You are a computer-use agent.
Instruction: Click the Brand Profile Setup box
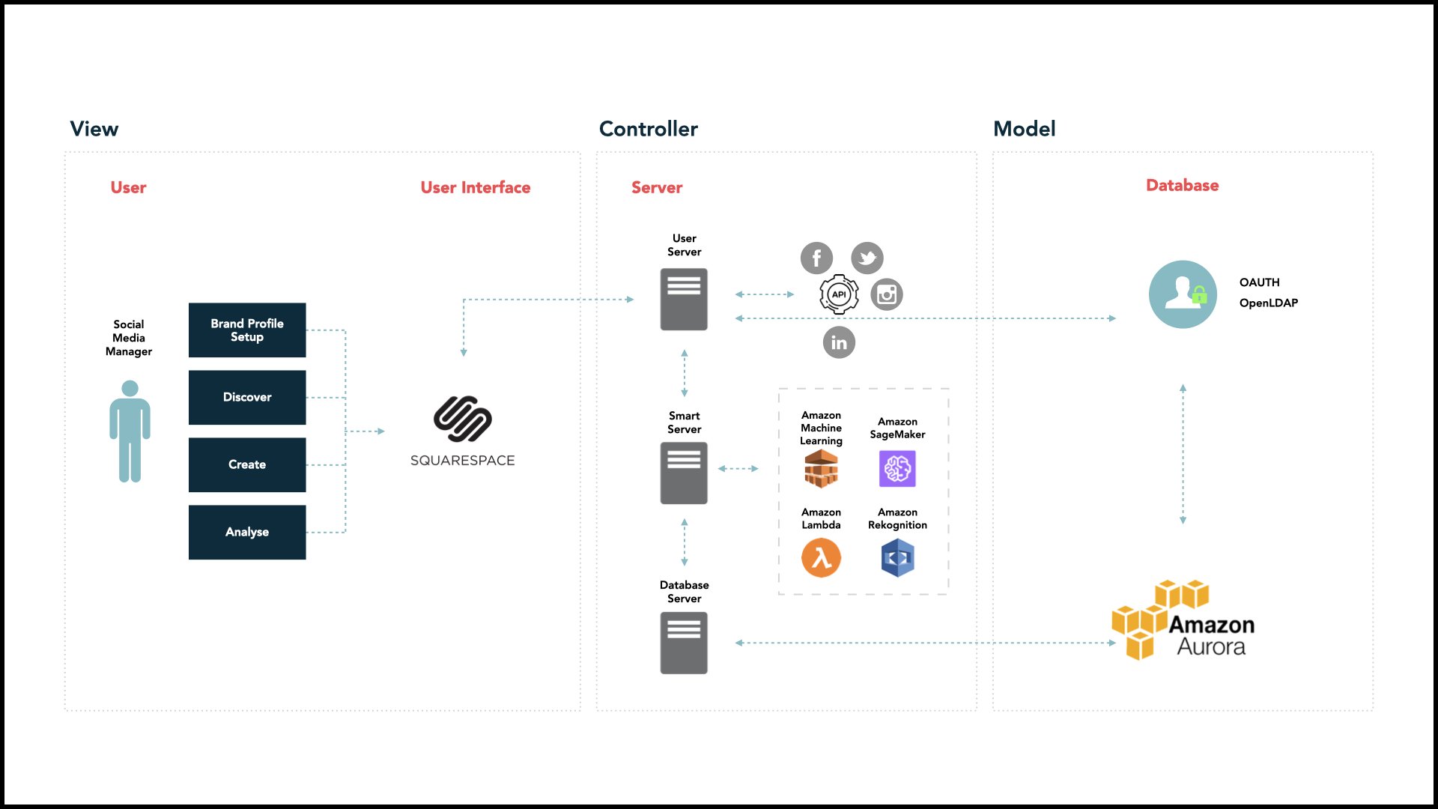[247, 330]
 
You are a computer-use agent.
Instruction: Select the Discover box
[247, 397]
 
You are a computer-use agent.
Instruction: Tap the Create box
[247, 464]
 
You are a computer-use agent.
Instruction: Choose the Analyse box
[247, 532]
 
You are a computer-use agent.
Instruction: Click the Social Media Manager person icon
[130, 431]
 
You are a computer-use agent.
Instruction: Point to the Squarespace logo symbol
[463, 419]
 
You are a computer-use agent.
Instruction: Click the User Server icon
[684, 299]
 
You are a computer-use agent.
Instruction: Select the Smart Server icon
[684, 473]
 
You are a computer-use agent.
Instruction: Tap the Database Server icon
[684, 643]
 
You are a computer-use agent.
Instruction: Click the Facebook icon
[816, 258]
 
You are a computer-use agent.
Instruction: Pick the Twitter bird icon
[867, 258]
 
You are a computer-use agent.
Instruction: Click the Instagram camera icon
[887, 294]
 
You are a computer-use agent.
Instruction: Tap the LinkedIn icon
[839, 342]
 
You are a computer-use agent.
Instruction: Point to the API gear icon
[839, 294]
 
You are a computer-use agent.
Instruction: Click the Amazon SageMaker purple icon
[897, 469]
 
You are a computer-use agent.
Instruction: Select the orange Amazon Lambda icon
[821, 558]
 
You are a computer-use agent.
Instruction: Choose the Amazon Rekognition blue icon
[897, 558]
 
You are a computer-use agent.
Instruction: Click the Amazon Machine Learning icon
[821, 468]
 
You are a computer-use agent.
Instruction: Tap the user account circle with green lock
[1183, 294]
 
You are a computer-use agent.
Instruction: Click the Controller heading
[649, 129]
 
